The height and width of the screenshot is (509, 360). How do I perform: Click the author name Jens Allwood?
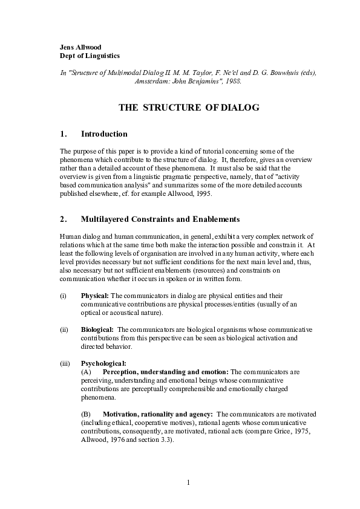(x=82, y=47)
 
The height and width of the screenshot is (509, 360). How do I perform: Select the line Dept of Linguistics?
(x=90, y=55)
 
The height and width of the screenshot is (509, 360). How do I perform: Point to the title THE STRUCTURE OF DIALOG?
(x=188, y=108)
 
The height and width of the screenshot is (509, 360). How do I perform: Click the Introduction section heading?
(x=104, y=134)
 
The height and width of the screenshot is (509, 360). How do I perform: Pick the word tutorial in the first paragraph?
(x=203, y=151)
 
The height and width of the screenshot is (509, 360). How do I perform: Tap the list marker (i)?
(x=64, y=296)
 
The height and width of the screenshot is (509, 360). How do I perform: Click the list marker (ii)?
(x=64, y=329)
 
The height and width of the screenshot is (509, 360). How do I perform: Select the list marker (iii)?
(x=65, y=363)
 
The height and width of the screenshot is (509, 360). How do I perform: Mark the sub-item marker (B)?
(x=86, y=414)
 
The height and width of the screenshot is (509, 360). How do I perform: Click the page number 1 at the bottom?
(x=188, y=482)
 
